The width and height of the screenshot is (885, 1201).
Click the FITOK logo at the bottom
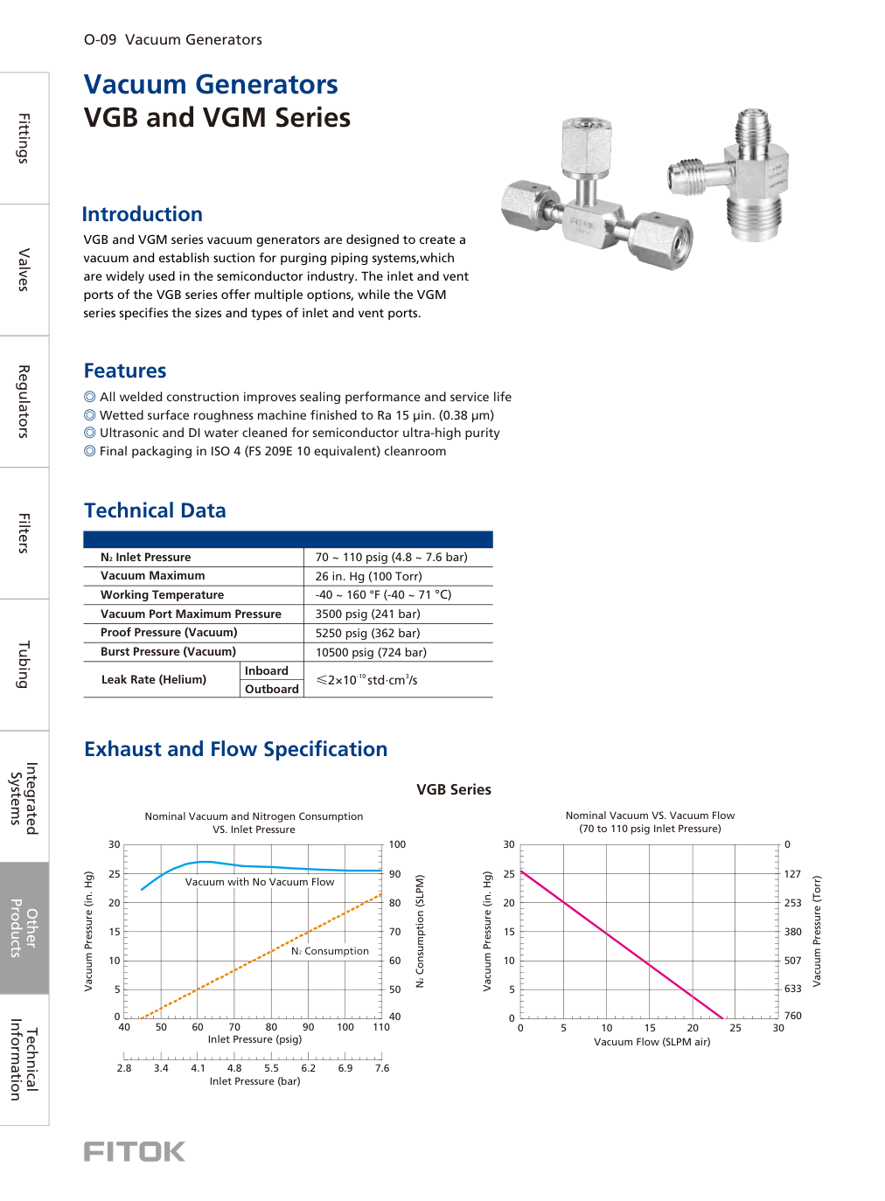coord(135,1151)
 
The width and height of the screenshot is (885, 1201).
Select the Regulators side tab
coord(24,401)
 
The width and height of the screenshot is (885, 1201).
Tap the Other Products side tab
coord(24,927)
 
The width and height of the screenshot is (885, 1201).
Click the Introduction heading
coord(142,214)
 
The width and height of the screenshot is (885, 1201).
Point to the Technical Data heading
coord(155,510)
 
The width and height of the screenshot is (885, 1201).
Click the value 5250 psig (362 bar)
coord(367,633)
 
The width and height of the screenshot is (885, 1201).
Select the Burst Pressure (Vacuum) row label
coord(168,651)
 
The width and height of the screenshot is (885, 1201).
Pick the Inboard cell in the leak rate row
coord(266,670)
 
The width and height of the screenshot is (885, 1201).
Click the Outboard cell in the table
coord(271,689)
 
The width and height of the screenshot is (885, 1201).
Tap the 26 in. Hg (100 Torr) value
coord(368,576)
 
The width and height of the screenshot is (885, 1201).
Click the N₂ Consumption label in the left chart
coord(330,951)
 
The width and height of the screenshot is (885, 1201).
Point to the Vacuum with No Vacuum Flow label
coord(259,882)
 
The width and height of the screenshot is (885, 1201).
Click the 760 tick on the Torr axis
coord(792,1016)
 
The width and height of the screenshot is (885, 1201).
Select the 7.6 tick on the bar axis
coord(382,1068)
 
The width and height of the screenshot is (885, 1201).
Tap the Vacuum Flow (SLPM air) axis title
coord(652,1042)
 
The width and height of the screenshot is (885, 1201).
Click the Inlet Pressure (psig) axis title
coord(254,1039)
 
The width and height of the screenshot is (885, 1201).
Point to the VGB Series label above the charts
coord(453,789)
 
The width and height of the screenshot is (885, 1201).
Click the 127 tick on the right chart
coord(792,874)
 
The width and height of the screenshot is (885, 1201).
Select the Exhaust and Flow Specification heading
coord(235,749)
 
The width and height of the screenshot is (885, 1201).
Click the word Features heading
coord(125,371)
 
